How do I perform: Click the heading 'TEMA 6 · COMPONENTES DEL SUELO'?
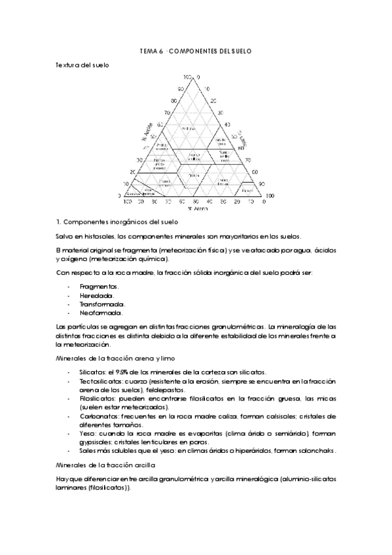coord(196,50)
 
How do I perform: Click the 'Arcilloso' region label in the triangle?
coord(189,128)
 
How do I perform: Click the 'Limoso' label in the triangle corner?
coord(247,190)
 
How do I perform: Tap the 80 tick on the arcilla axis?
coord(174,101)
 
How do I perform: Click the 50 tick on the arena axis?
coord(194,202)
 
